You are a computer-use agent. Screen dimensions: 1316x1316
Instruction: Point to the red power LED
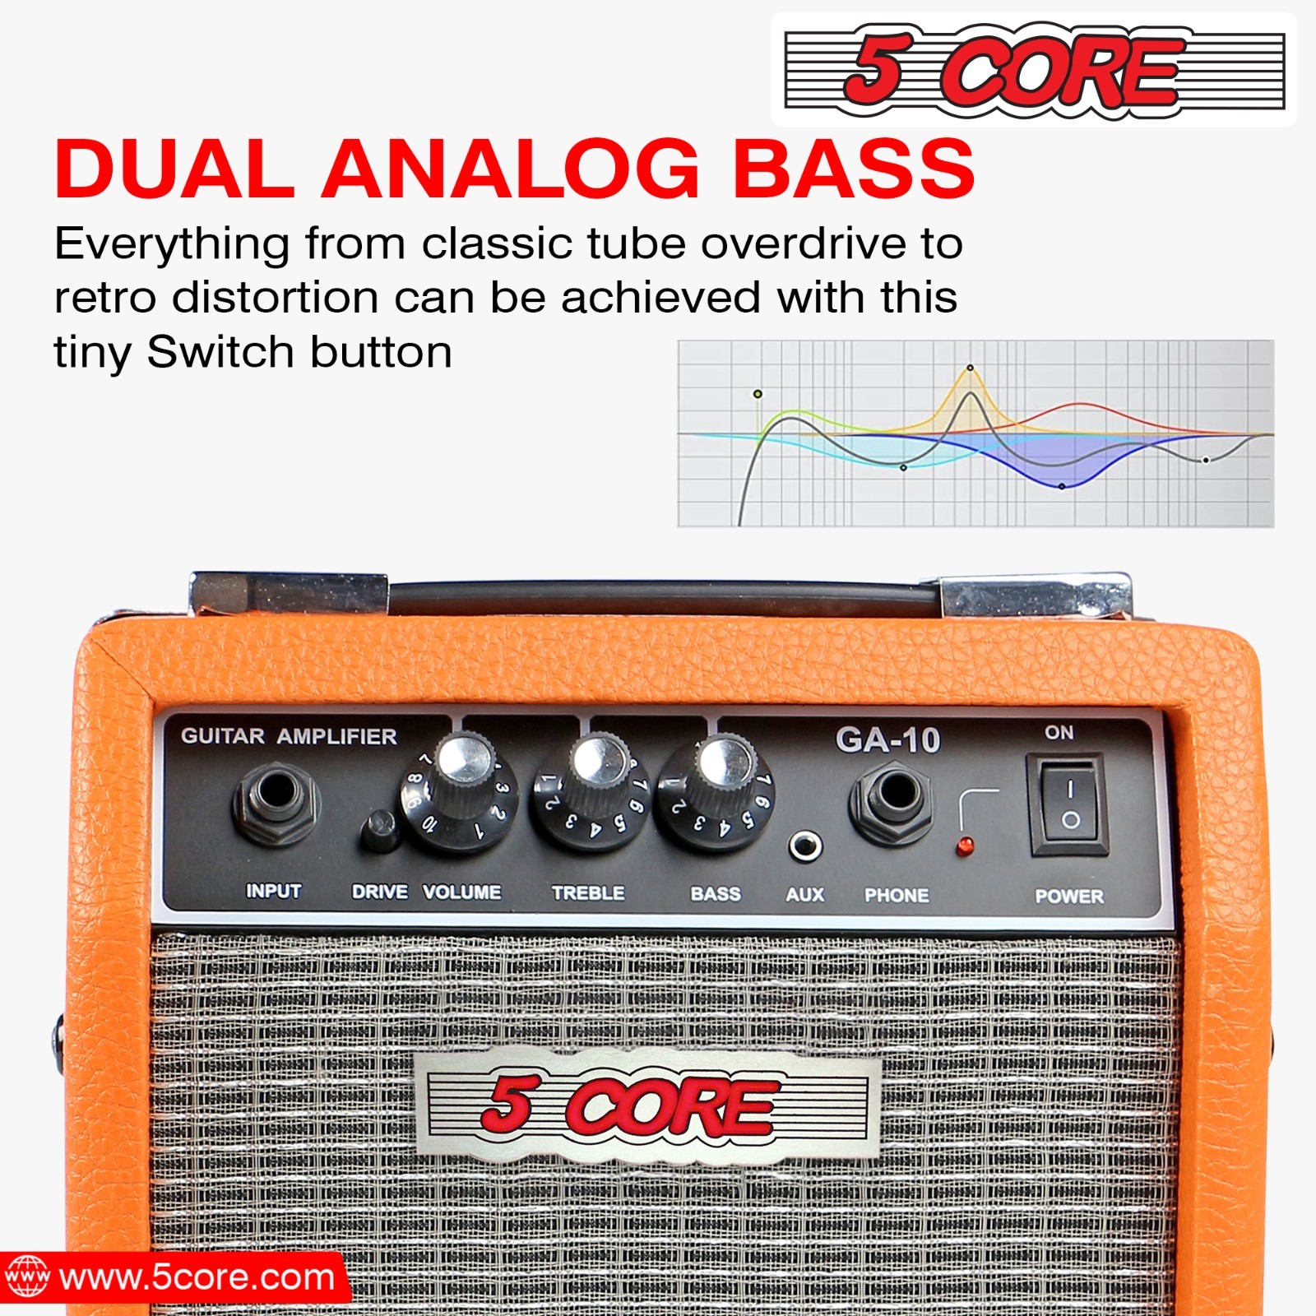tap(966, 846)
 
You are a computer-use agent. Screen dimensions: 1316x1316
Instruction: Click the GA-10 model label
tap(887, 739)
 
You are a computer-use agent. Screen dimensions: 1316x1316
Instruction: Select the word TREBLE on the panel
tap(588, 892)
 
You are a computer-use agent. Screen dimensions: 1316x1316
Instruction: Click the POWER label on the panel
tap(1068, 897)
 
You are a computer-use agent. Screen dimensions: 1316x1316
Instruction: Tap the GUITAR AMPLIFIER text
tap(289, 736)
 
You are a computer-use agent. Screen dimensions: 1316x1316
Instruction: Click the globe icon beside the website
tap(27, 1277)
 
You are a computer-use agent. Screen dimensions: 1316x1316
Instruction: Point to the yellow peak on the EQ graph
tap(970, 368)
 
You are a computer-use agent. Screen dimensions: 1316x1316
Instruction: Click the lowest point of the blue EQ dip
tap(1062, 486)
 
